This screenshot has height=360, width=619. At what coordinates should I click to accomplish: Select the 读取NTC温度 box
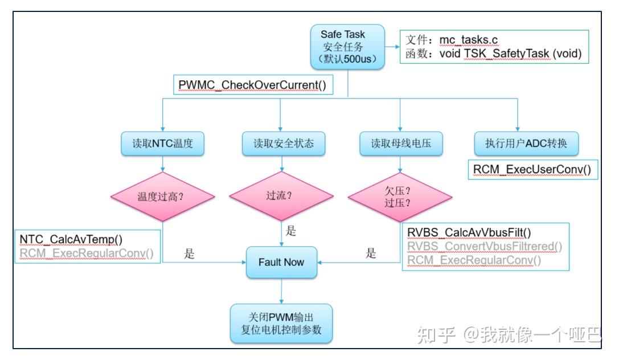click(x=163, y=144)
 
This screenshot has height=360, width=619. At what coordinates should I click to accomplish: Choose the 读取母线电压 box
click(x=401, y=144)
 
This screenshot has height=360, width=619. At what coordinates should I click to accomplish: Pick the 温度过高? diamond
click(x=162, y=197)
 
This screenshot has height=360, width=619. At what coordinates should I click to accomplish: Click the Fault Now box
click(x=281, y=262)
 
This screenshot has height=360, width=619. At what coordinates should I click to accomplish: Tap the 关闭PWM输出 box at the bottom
click(x=281, y=323)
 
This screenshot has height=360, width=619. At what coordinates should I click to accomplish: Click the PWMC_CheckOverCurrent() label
click(x=252, y=85)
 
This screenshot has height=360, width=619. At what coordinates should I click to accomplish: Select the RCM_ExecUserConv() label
click(x=532, y=170)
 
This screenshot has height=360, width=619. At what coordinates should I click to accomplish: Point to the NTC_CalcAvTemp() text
click(x=71, y=240)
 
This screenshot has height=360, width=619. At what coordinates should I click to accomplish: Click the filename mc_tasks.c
click(x=469, y=40)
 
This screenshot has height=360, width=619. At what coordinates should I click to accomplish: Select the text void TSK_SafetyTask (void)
click(x=510, y=54)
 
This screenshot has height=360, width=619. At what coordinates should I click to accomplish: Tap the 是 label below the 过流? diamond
click(x=290, y=231)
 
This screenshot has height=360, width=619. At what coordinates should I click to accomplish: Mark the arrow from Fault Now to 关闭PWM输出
click(x=281, y=291)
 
